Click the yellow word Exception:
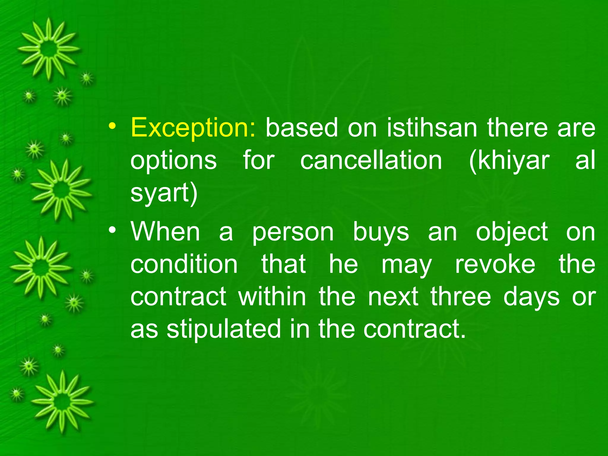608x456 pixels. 193,128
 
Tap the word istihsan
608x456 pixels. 432,128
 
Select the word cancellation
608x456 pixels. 371,161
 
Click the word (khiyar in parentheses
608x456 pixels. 509,161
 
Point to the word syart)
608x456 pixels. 164,193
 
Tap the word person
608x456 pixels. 293,232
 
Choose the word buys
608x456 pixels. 381,232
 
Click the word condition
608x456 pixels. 184,264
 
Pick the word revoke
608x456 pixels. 495,264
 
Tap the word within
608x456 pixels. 272,297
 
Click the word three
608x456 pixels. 461,297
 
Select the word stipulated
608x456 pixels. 224,330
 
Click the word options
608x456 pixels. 174,161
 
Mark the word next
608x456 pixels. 393,297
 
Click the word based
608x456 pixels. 302,128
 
